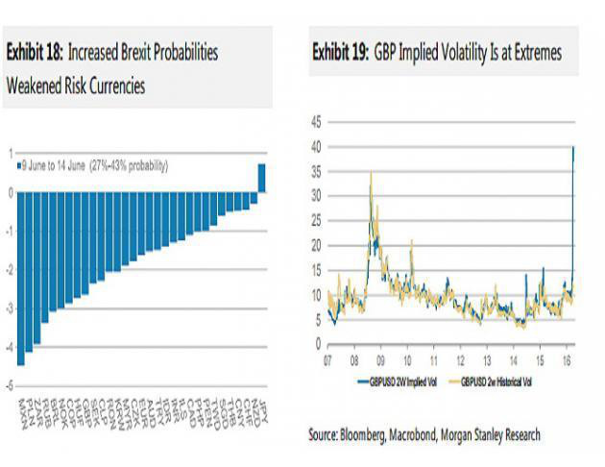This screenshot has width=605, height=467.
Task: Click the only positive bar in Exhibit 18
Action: click(262, 178)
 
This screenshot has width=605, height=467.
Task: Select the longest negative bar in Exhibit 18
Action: click(20, 279)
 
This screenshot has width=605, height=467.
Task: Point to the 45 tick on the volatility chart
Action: click(319, 122)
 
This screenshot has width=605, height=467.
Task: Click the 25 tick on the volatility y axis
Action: click(319, 220)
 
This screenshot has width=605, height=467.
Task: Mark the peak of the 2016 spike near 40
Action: click(573, 147)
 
